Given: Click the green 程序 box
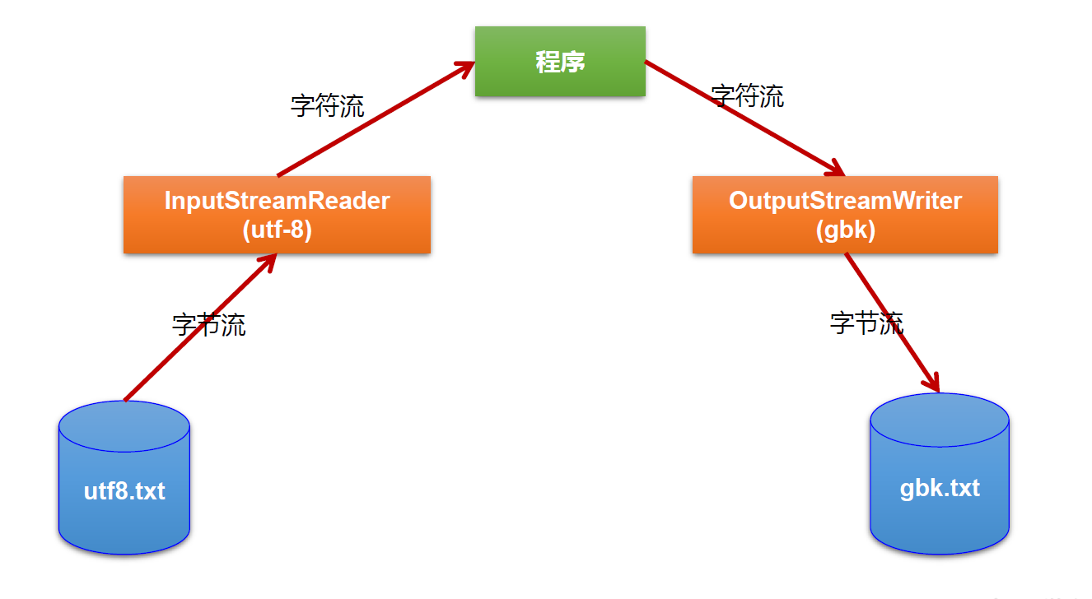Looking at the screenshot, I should pyautogui.click(x=560, y=61).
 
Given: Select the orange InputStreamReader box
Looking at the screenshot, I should pyautogui.click(x=277, y=214).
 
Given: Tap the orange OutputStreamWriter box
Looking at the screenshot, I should pyautogui.click(x=845, y=214).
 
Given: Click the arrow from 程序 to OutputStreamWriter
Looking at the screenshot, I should pyautogui.click(x=741, y=117).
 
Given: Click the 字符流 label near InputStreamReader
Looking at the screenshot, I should pyautogui.click(x=327, y=105).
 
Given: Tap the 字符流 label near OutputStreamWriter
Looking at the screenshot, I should pyautogui.click(x=747, y=96).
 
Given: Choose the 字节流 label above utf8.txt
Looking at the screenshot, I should pyautogui.click(x=208, y=324).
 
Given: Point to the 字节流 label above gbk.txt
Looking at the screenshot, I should pyautogui.click(x=866, y=323).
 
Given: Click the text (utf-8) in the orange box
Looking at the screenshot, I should pyautogui.click(x=277, y=230).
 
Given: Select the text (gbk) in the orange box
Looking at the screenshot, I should pyautogui.click(x=845, y=230).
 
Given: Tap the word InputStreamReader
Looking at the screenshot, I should pyautogui.click(x=277, y=201).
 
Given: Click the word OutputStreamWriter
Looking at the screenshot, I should pyautogui.click(x=845, y=201).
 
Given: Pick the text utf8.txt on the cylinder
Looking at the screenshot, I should pyautogui.click(x=124, y=492).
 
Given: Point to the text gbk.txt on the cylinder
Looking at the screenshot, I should pyautogui.click(x=940, y=488).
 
